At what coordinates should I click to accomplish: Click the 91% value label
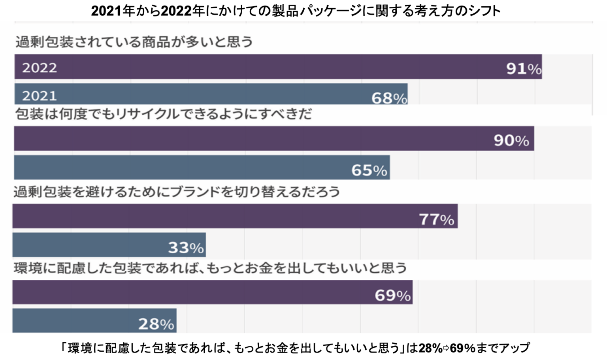pos(524,69)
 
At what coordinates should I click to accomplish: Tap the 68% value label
pos(389,98)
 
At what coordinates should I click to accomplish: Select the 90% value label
pos(511,140)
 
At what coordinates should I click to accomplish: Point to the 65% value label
pos(369,170)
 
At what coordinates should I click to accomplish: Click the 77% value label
pos(436,219)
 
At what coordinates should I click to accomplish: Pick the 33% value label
pos(186,247)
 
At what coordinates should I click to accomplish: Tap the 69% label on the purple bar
pos(392,295)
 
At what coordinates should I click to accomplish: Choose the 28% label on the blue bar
pos(156,324)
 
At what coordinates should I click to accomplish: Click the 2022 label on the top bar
pos(40,68)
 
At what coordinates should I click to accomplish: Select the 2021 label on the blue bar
pos(40,96)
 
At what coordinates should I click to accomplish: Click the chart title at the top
pos(296,11)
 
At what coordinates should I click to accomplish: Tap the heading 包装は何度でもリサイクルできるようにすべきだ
pos(164,114)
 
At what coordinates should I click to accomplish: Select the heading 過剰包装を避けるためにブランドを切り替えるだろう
pos(177,192)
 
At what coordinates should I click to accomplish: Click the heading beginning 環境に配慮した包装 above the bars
pos(210,268)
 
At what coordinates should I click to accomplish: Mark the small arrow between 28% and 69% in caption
pos(446,348)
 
